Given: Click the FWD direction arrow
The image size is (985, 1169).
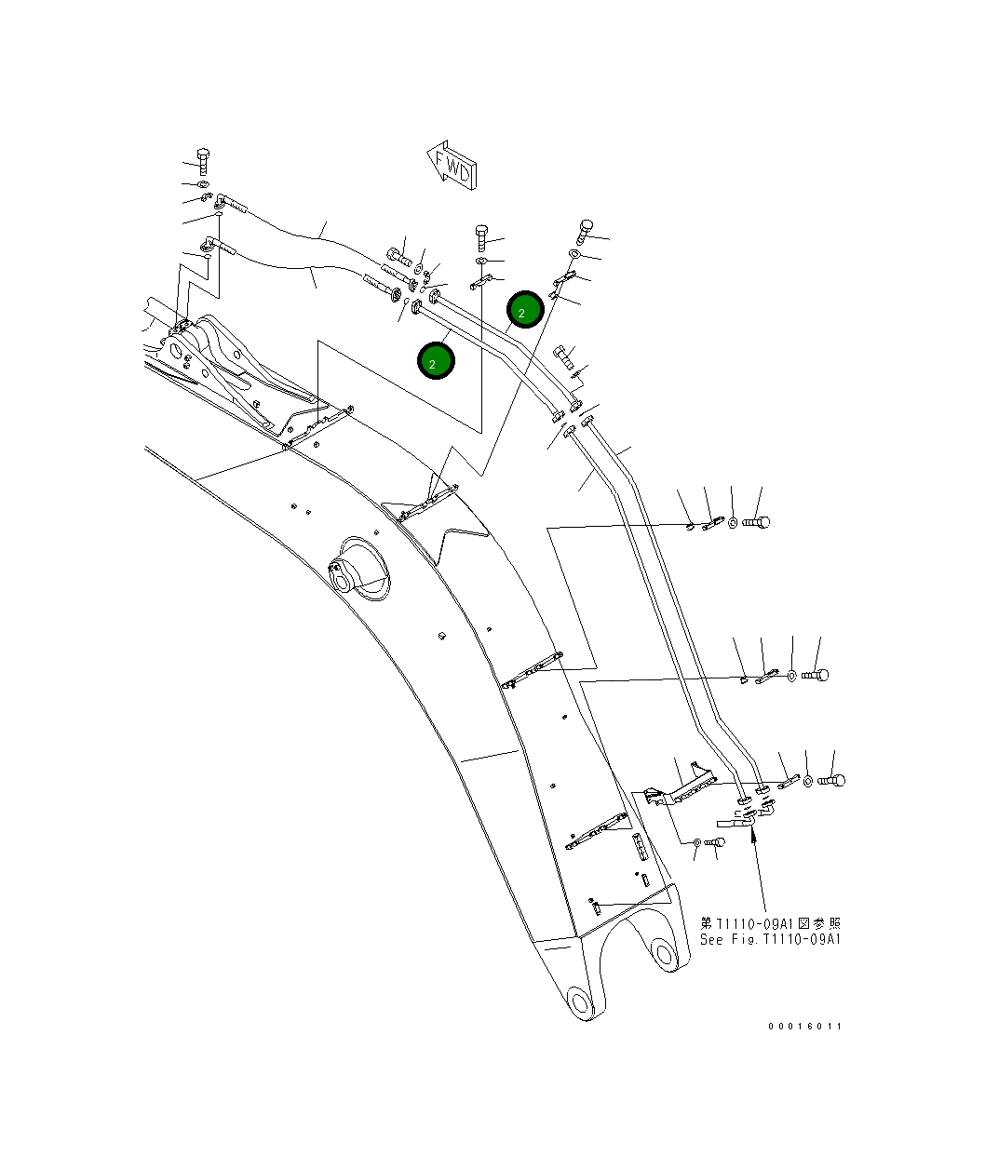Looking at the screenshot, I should [452, 164].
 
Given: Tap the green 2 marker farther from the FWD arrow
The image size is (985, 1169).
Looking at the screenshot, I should [436, 361].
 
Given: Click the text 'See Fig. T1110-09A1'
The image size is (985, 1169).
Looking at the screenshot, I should [770, 939].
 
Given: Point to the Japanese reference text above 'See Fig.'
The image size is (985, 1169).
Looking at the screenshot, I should [770, 923].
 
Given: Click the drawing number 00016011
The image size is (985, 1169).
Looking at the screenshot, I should [804, 1026].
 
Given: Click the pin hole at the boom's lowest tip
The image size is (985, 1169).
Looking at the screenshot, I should [580, 1002].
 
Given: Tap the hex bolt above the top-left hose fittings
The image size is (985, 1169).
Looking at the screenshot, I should [204, 160].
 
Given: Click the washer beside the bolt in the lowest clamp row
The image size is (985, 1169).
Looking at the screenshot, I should [806, 780].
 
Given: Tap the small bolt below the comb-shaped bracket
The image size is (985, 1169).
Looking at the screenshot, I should [716, 841].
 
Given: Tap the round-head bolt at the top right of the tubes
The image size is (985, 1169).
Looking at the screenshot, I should [586, 227].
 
